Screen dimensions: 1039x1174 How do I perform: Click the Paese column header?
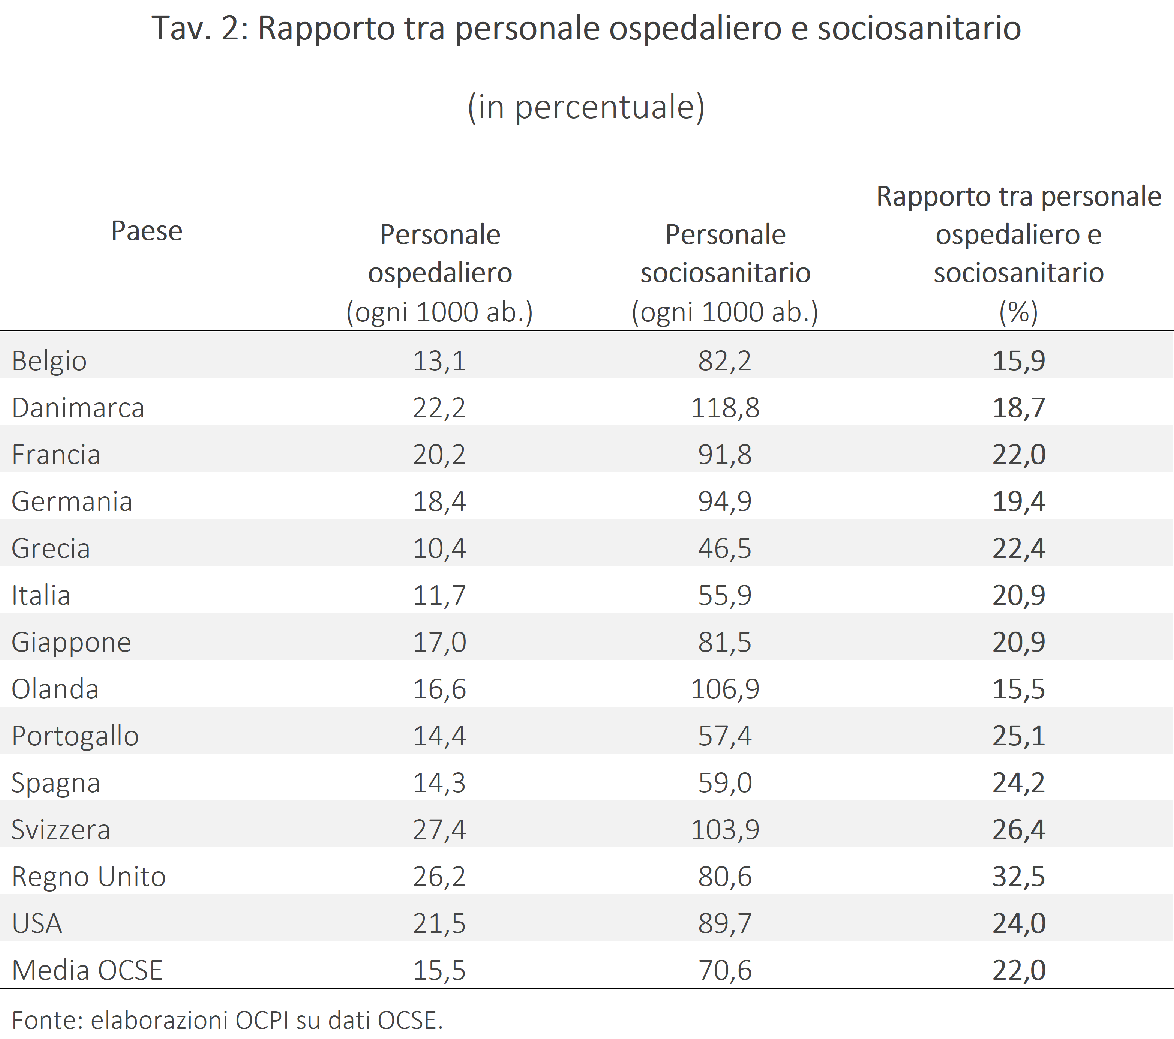coord(147,231)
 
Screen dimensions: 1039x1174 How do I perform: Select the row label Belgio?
coord(49,361)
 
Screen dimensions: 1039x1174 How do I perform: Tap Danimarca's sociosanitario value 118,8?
coord(725,408)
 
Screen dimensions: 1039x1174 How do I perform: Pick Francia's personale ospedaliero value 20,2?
coord(439,455)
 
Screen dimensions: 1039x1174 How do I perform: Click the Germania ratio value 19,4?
coord(1018,502)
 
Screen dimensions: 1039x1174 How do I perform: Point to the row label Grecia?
coord(51,548)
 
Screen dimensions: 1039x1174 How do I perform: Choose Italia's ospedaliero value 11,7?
coord(439,595)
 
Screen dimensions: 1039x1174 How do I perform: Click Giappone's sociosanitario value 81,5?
coord(725,642)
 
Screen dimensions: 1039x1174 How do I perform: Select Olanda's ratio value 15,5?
coord(1018,689)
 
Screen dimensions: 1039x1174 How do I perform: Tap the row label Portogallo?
coord(75,736)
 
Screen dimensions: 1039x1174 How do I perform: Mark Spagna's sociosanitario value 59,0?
coord(725,783)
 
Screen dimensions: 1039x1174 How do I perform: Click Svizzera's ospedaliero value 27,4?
coord(439,830)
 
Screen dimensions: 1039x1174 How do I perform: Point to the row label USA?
coord(37,923)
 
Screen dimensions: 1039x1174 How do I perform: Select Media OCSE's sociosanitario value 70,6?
coord(725,971)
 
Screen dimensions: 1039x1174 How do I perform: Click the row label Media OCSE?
coord(87,971)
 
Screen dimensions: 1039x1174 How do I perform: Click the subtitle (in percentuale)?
coord(586,107)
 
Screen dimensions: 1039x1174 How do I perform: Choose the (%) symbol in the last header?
coord(1018,312)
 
